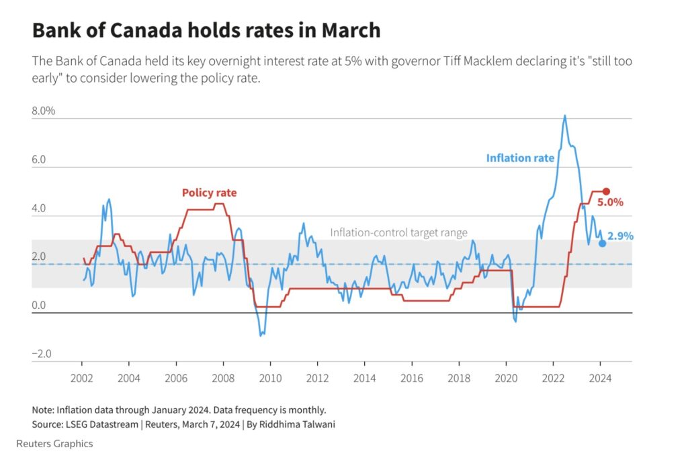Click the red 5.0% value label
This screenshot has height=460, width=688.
(x=611, y=201)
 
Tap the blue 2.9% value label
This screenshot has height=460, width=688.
(x=620, y=236)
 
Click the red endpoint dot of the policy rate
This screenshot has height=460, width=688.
(x=606, y=191)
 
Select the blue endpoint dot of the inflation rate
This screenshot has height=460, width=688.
(x=603, y=243)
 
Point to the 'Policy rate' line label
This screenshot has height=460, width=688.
(x=209, y=193)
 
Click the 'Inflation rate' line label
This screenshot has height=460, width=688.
(x=520, y=158)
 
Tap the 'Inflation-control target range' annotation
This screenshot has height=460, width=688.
(x=398, y=233)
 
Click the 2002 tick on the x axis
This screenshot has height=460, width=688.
(x=81, y=378)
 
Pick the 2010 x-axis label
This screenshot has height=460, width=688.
(x=270, y=378)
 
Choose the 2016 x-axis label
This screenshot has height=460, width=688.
(x=412, y=378)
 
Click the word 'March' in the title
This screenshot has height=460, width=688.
(x=350, y=31)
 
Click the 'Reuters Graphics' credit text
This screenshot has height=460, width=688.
(x=54, y=444)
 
